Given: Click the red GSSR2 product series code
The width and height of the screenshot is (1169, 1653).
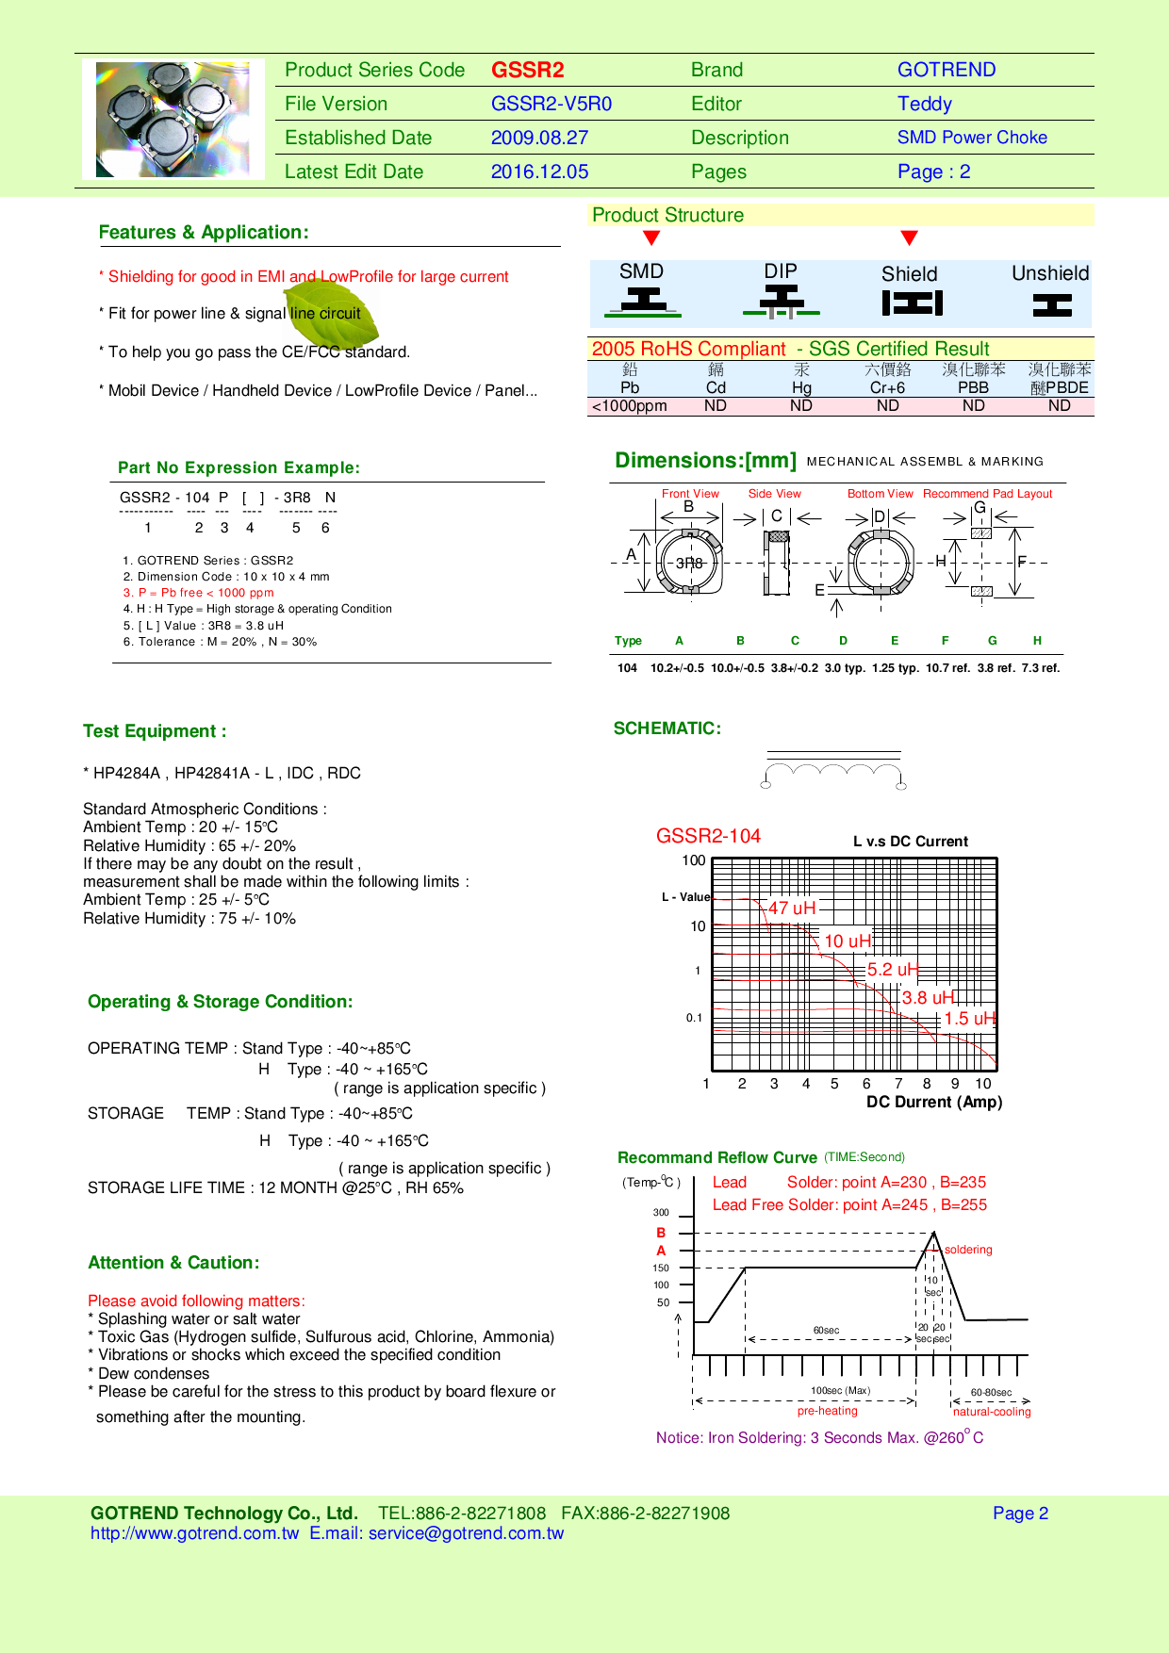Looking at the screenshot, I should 527,71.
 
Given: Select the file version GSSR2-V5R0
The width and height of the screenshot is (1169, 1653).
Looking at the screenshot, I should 551,105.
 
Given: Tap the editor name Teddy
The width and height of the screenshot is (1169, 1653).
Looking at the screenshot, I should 924,105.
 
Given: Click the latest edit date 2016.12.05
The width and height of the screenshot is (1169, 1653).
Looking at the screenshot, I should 539,172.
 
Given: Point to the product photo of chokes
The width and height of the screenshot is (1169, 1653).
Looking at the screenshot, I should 173,120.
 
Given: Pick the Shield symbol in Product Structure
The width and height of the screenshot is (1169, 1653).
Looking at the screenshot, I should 912,303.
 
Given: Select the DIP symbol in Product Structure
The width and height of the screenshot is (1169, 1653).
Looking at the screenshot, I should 781,300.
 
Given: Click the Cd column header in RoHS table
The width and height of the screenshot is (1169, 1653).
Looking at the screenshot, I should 716,387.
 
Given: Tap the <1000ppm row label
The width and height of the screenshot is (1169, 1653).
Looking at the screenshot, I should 629,406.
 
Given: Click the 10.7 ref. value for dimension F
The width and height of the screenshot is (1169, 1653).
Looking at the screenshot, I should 947,668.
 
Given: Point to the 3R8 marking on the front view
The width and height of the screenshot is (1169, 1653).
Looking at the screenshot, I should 689,563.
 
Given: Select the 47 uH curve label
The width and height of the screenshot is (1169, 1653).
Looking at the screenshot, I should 791,908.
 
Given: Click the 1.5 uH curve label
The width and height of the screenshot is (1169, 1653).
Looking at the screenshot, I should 969,1019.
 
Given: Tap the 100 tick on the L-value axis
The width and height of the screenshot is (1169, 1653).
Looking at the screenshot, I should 693,860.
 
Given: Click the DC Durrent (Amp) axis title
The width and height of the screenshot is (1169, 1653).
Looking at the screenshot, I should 933,1103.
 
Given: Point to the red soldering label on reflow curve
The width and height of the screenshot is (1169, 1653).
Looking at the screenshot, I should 968,1250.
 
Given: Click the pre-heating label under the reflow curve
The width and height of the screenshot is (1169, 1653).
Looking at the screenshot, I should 827,1411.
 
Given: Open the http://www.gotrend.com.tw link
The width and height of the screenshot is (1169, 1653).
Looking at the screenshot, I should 194,1533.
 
